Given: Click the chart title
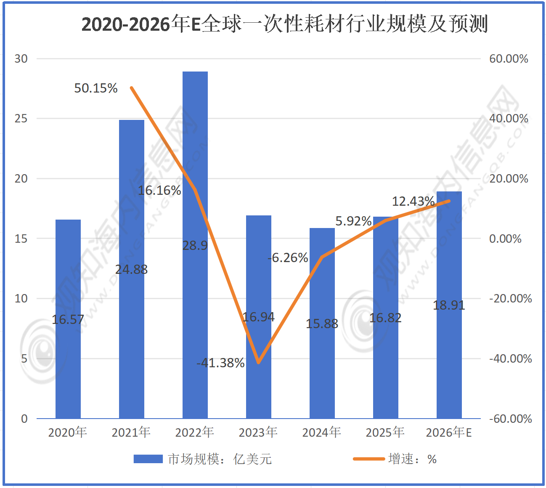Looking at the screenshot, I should [x=284, y=24].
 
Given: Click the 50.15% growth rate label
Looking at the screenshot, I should [x=96, y=88].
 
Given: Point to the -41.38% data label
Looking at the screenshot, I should [x=220, y=363].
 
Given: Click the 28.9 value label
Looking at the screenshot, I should [x=195, y=245].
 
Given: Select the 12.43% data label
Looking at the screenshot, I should [x=413, y=202].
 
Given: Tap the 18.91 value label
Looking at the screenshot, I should [x=449, y=305].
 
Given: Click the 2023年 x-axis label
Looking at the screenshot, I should [x=258, y=432].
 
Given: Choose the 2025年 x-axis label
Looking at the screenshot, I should [x=385, y=432].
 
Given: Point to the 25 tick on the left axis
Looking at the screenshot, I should [x=21, y=119].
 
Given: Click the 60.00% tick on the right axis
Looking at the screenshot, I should [x=508, y=59].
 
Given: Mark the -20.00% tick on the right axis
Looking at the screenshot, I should [x=510, y=299].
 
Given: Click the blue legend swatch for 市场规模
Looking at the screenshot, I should [x=148, y=459].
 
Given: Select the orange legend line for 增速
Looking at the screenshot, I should [x=368, y=459].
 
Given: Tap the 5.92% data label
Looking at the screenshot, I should [x=353, y=221].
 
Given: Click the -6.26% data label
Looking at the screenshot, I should [x=288, y=257].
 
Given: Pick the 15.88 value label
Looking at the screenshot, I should [x=322, y=324].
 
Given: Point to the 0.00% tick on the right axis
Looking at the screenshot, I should [x=505, y=239].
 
